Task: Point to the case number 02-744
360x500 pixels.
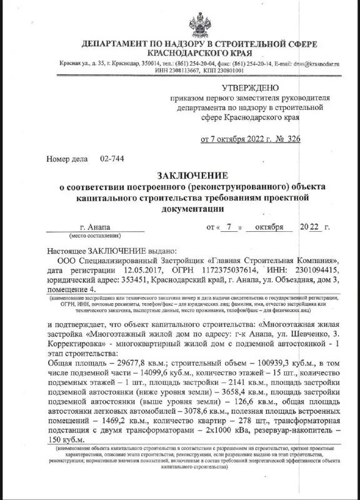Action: tap(112, 159)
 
